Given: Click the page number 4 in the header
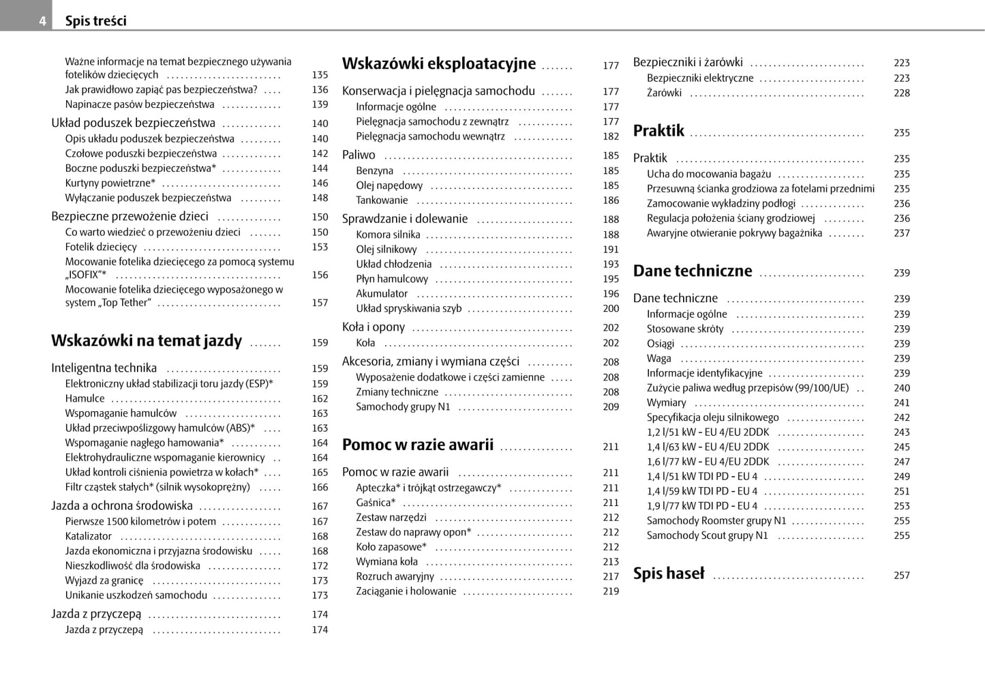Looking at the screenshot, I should point(42,21).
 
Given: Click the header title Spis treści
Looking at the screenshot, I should point(95,21).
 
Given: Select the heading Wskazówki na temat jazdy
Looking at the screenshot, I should point(147,341).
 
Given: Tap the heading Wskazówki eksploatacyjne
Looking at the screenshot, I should point(438,64).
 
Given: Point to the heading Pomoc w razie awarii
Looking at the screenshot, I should point(417,445).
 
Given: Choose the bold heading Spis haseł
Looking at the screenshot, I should point(669,574).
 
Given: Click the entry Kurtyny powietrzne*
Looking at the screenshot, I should point(110,183).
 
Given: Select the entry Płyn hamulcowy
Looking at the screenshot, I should point(392,279).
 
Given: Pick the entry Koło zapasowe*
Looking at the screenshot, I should point(391,547).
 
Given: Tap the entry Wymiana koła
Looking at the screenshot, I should point(387,562).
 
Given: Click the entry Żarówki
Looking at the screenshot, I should point(664,93).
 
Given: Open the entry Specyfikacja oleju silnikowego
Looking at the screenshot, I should point(712,417).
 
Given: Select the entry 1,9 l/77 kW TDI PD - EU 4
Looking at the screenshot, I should point(702,506).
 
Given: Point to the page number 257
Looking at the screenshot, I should point(902,576).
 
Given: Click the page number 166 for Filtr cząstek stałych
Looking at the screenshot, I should point(320,487).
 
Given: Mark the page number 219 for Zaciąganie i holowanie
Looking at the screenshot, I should point(611,591).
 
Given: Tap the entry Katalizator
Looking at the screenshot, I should point(89,536).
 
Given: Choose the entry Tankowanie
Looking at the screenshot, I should point(382,201).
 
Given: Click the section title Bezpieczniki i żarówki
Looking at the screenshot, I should point(688,62).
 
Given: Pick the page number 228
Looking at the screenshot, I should point(902,93).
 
